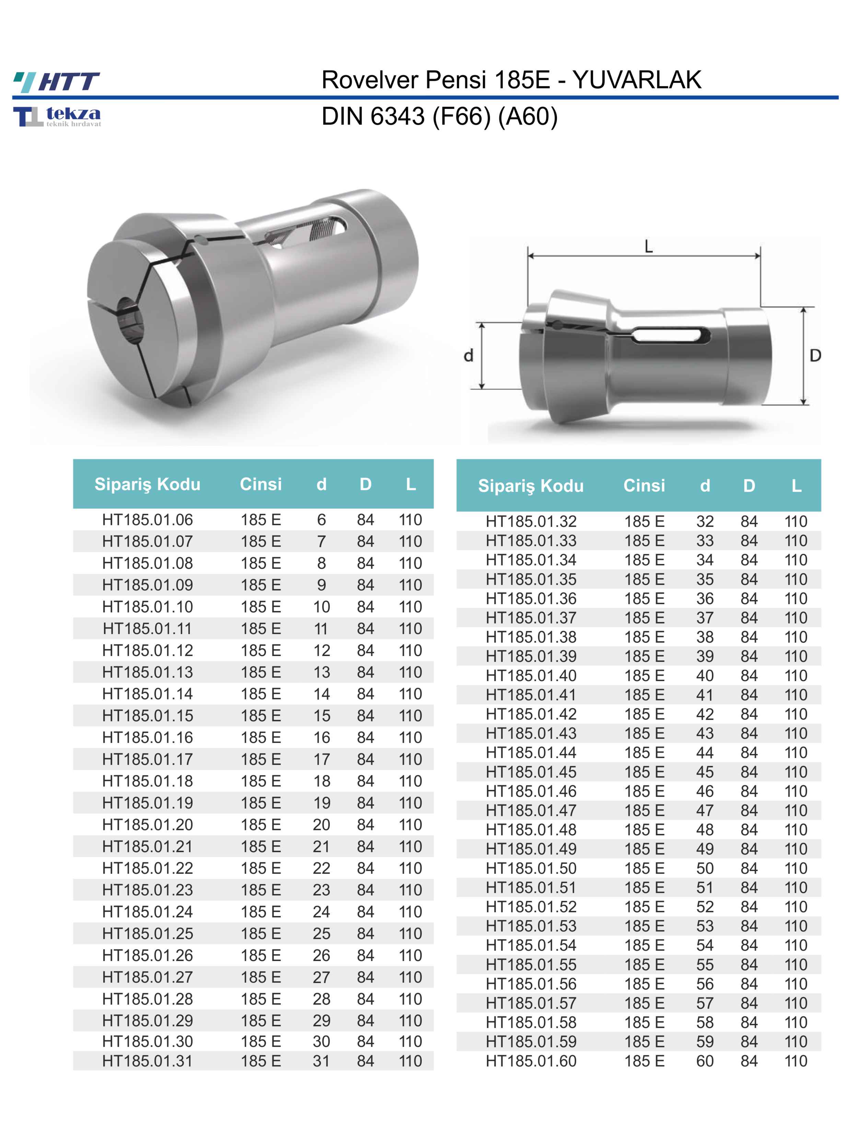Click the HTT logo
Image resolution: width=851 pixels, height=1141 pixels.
pos(57,81)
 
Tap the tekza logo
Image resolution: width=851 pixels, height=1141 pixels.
pos(57,116)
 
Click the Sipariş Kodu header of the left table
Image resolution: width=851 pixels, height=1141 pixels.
pos(147,484)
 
